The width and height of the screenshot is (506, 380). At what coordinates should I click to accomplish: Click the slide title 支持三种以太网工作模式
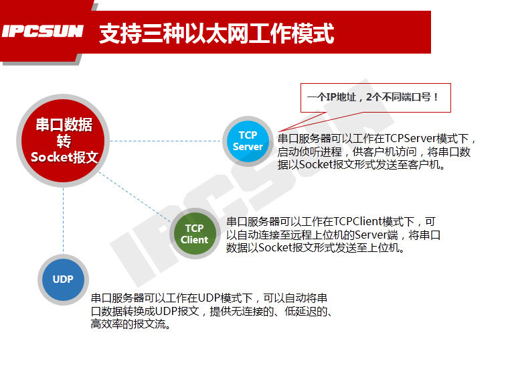216,33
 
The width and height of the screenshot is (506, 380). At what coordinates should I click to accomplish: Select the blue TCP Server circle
248,141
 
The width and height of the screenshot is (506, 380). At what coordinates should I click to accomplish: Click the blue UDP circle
63,279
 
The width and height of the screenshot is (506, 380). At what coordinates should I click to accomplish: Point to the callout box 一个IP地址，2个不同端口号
373,97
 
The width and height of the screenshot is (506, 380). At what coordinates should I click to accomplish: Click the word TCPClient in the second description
356,221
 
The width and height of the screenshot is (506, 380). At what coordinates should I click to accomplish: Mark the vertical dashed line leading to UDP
63,221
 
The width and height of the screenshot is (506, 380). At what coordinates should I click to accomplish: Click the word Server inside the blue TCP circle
248,147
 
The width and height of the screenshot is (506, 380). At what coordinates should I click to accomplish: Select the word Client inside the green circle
194,239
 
